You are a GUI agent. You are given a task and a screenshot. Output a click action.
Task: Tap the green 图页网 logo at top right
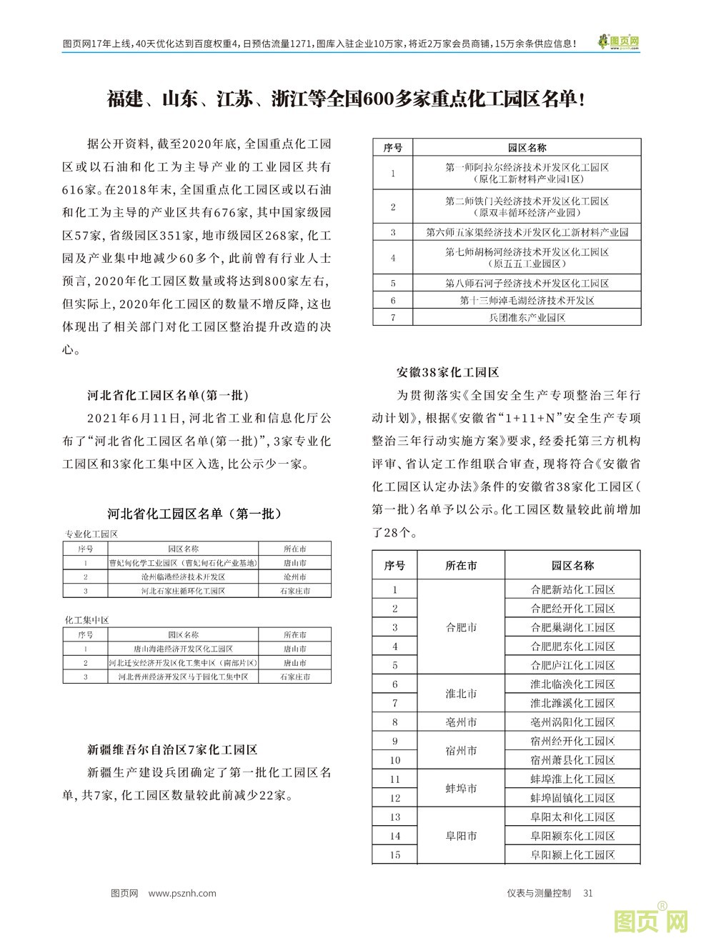pyautogui.click(x=619, y=43)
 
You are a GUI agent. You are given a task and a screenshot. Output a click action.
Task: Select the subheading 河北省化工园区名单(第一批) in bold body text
pyautogui.click(x=168, y=395)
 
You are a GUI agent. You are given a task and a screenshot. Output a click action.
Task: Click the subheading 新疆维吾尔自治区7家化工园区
pyautogui.click(x=172, y=749)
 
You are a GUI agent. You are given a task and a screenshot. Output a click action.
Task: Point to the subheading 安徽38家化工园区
pyautogui.click(x=447, y=371)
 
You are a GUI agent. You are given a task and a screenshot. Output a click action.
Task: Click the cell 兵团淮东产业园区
pyautogui.click(x=527, y=317)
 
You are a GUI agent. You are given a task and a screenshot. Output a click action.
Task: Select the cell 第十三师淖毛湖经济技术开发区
pyautogui.click(x=527, y=301)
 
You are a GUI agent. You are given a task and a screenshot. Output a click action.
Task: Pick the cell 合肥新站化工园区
pyautogui.click(x=572, y=589)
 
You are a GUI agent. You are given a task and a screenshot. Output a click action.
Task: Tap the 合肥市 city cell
pyautogui.click(x=461, y=627)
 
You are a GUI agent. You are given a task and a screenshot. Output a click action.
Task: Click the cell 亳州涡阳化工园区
pyautogui.click(x=572, y=722)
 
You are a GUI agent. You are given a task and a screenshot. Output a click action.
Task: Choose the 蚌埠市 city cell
pyautogui.click(x=461, y=789)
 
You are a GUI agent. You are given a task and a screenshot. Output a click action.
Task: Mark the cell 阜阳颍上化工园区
pyautogui.click(x=572, y=854)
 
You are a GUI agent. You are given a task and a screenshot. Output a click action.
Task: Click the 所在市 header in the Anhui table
pyautogui.click(x=461, y=565)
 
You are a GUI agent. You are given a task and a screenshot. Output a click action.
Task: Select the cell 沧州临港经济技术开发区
pyautogui.click(x=183, y=577)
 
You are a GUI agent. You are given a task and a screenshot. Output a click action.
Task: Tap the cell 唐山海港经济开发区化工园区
pyautogui.click(x=183, y=649)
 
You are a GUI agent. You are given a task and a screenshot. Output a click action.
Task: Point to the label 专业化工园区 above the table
pyautogui.click(x=91, y=534)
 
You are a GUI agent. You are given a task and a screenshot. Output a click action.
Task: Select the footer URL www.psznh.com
pyautogui.click(x=183, y=892)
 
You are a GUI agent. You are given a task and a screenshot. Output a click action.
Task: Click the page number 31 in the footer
pyautogui.click(x=588, y=892)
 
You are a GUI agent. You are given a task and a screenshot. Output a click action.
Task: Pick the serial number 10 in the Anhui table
pyautogui.click(x=394, y=760)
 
